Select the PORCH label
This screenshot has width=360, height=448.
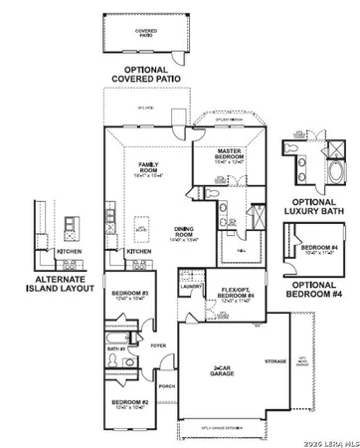point(166,387)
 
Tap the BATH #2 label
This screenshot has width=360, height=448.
point(116,349)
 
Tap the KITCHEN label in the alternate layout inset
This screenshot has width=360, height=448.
point(69,252)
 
